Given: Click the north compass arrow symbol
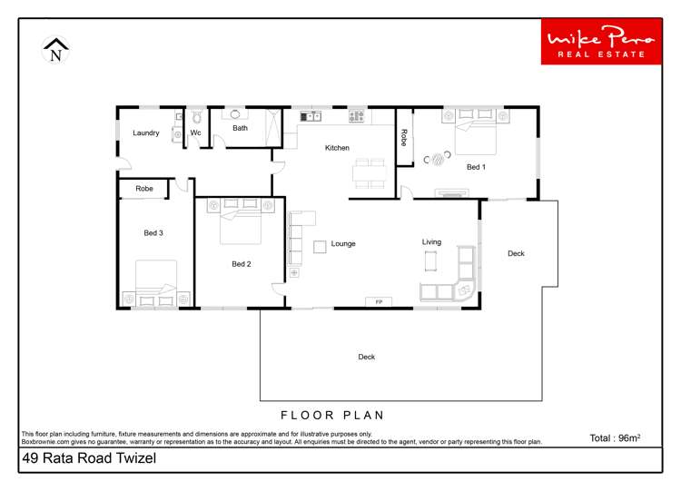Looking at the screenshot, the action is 55,50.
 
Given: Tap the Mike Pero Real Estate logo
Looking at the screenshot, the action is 601,42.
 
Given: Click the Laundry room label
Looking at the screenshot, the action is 146,133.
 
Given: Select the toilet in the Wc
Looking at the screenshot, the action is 197,116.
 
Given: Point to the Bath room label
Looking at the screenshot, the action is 241,128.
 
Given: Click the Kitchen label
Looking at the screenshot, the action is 337,148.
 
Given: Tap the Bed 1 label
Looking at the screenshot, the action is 476,167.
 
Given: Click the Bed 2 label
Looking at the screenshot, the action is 241,264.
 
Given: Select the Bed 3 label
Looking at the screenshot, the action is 153,232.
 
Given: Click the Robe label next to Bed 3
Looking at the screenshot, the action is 144,189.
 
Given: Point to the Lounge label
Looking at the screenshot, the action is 343,243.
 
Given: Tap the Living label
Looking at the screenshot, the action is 431,241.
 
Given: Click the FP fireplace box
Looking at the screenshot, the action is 379,301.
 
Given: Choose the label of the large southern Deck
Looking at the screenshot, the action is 367,357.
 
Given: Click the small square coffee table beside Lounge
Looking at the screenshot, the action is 320,247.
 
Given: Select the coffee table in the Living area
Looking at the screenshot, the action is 430,260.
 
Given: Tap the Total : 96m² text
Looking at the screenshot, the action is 615,438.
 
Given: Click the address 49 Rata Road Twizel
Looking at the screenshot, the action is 89,458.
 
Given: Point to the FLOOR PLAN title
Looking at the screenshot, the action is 332,416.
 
